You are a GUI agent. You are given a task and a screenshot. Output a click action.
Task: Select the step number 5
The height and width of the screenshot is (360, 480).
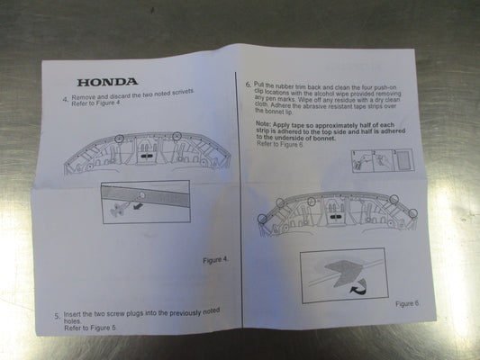(x=57, y=316)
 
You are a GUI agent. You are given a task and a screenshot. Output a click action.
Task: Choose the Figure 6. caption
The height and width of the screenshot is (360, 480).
(x=405, y=303)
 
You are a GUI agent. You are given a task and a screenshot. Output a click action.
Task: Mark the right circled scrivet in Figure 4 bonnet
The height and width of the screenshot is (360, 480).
(x=177, y=137)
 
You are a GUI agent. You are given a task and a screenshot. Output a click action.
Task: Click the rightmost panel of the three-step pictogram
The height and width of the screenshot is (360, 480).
(x=403, y=159)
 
